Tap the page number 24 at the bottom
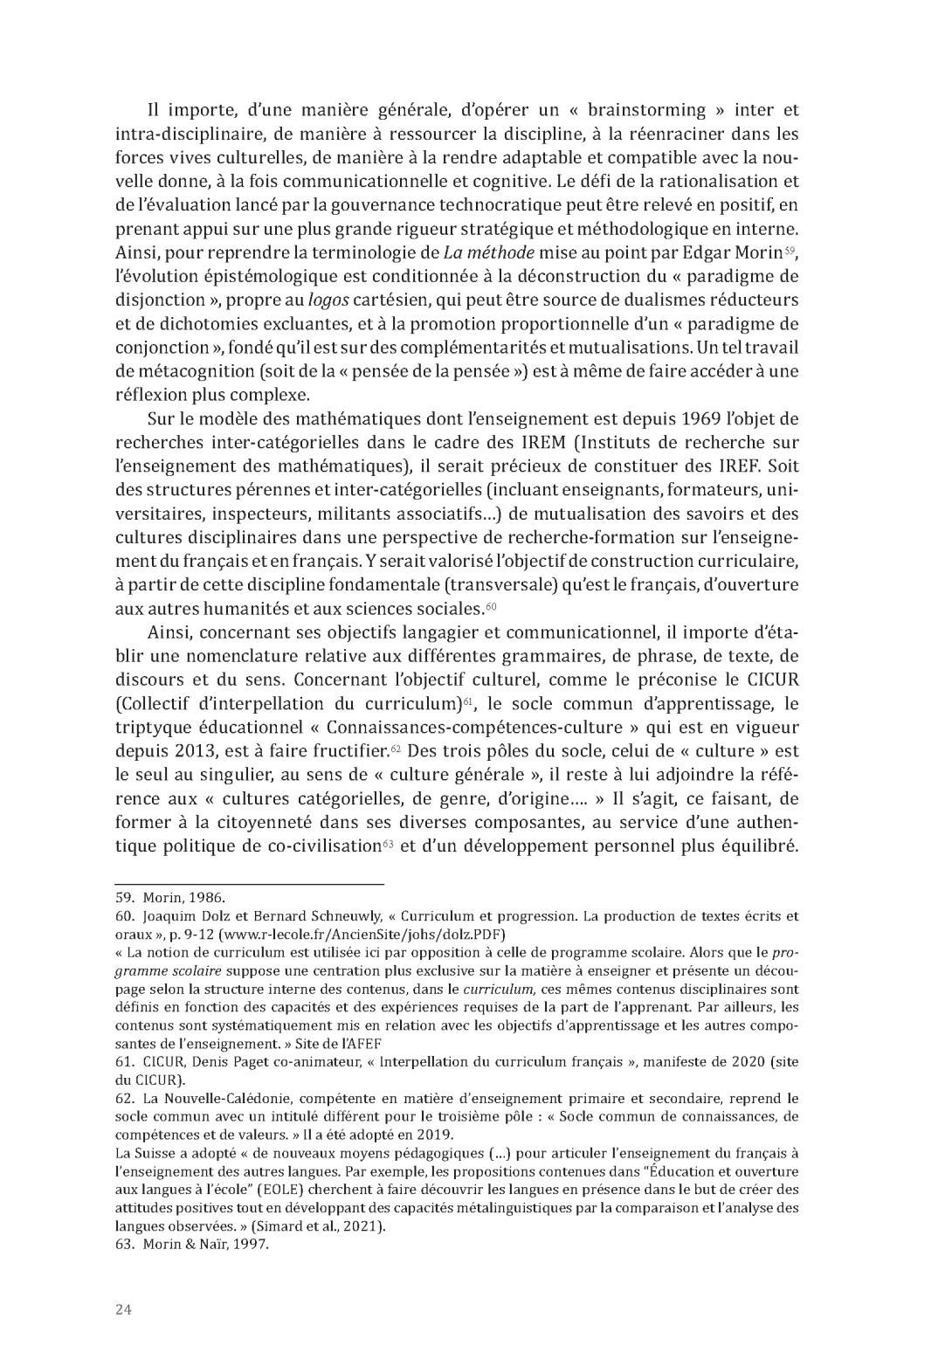[124, 1308]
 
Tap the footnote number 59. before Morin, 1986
[127, 897]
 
